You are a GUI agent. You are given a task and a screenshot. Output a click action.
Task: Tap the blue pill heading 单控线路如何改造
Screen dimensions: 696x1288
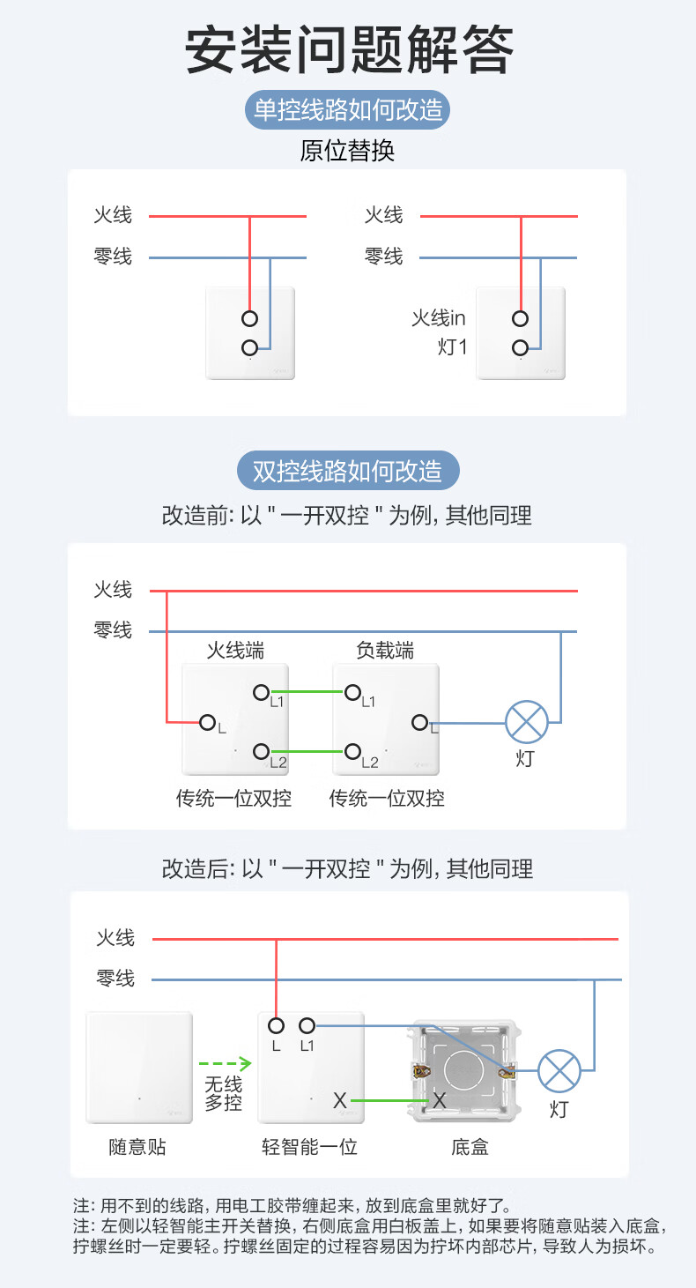click(x=348, y=111)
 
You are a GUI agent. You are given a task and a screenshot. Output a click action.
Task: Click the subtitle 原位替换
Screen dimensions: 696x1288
click(x=348, y=151)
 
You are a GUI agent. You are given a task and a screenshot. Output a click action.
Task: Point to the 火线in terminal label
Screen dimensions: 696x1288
click(x=438, y=318)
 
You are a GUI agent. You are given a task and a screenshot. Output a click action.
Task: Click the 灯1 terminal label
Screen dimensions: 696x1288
click(x=452, y=346)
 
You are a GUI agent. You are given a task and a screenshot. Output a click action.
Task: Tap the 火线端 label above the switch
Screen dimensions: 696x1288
click(x=235, y=651)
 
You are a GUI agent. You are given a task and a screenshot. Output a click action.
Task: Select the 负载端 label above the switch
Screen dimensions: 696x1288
click(x=385, y=651)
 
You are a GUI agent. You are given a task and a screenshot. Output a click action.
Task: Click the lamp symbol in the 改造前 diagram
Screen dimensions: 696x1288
click(x=527, y=723)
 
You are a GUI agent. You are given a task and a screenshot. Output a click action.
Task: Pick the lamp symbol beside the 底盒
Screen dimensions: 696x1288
click(x=559, y=1071)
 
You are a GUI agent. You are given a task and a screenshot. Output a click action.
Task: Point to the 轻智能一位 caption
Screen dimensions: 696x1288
click(x=309, y=1147)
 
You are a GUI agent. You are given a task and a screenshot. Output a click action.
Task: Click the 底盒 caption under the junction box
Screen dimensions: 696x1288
click(x=470, y=1147)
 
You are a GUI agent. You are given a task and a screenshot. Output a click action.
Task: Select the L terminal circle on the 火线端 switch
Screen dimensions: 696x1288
click(x=208, y=723)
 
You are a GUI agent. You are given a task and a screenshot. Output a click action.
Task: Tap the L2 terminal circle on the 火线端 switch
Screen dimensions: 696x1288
click(x=260, y=751)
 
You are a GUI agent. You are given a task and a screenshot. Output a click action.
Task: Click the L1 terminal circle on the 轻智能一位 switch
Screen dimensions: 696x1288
click(x=307, y=1025)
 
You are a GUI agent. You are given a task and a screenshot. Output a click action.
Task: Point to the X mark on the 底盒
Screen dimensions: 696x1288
click(x=440, y=1100)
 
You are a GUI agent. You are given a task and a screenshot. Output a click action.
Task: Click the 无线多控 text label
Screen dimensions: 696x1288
click(x=223, y=1094)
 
